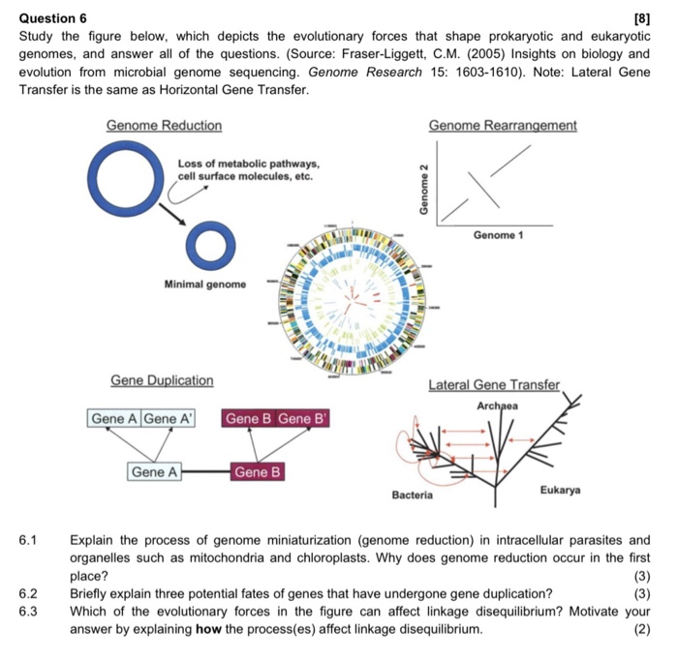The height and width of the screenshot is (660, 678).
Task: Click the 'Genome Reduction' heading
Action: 164,126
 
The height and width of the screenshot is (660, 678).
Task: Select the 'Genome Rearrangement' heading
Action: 502,126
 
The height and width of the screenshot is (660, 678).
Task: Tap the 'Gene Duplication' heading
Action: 162,380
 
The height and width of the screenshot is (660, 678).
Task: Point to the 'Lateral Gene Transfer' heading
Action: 494,385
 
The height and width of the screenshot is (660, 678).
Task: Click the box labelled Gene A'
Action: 169,419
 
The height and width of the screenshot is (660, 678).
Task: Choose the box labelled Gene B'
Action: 303,419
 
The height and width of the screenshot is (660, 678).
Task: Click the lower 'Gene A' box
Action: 155,472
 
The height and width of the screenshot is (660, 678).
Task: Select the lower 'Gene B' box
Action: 257,472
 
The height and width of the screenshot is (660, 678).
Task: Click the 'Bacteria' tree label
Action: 412,495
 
